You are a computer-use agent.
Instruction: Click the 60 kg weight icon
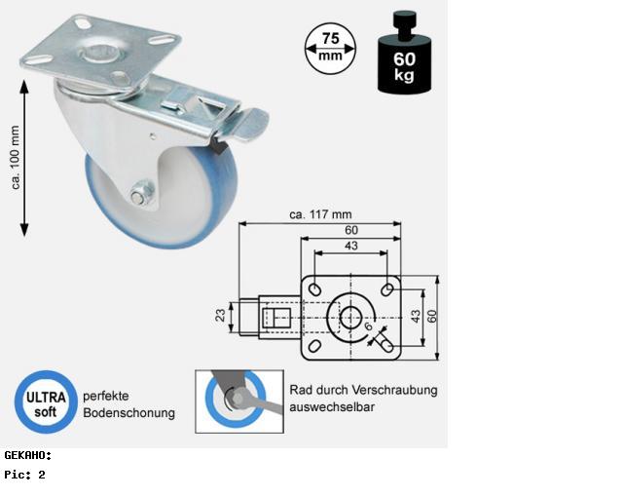point(405,53)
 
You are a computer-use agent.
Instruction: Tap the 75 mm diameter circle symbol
point(330,49)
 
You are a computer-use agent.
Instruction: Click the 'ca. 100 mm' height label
point(16,158)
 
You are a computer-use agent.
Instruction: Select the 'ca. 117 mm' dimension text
point(320,214)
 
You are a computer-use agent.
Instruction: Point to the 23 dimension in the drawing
point(220,316)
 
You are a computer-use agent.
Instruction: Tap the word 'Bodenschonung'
point(128,413)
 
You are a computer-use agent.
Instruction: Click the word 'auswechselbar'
point(332,407)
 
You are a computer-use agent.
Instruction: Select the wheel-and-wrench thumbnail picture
point(239,401)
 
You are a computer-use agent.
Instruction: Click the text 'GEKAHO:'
point(28,456)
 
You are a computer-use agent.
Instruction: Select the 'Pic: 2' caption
point(24,475)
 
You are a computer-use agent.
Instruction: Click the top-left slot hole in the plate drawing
point(315,289)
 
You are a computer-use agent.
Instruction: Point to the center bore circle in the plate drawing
point(350,318)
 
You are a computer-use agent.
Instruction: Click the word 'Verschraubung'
point(394,390)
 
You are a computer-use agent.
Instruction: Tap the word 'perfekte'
point(106,397)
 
